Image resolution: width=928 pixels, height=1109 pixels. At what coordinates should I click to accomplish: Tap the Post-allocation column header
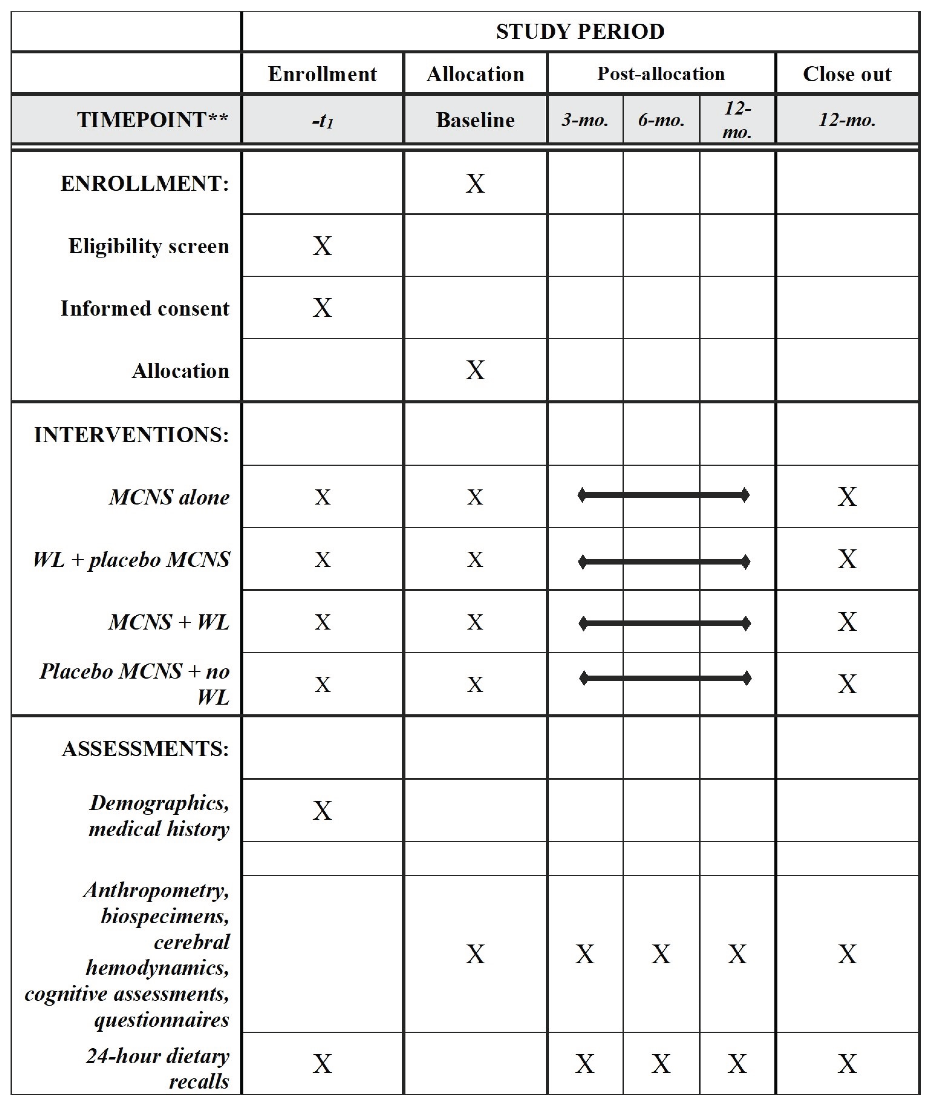(661, 74)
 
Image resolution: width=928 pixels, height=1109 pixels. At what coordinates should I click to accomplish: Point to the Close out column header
(847, 74)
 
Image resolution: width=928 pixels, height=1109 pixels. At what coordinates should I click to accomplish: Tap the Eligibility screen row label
(149, 246)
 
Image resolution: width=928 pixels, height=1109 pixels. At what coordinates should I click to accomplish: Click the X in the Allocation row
(475, 370)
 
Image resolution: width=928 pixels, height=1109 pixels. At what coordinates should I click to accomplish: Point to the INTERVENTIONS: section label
(132, 435)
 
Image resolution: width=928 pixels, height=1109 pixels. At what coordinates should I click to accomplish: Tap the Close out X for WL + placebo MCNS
(847, 559)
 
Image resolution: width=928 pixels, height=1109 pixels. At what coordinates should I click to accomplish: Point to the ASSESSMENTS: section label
(145, 749)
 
